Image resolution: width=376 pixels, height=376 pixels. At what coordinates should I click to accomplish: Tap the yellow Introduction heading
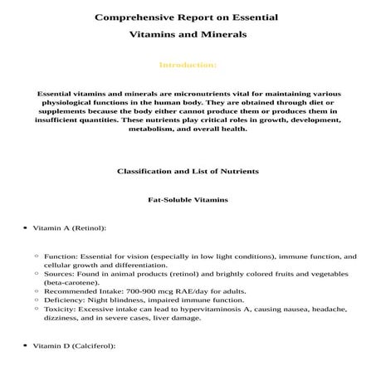(x=188, y=64)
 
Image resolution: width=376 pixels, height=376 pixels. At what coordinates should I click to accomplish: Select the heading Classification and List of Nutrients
(x=188, y=170)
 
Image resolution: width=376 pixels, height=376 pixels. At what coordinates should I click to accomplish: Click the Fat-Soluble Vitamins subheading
(x=188, y=200)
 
